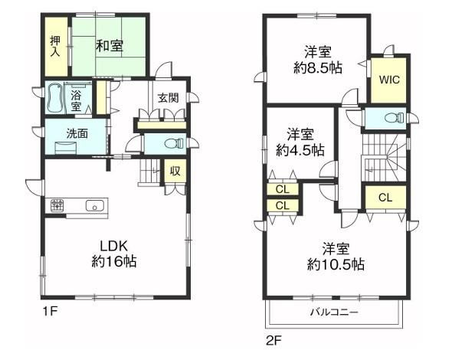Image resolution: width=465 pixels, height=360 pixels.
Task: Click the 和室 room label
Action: tap(110, 46)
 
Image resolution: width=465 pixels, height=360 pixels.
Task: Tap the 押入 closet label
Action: tap(55, 46)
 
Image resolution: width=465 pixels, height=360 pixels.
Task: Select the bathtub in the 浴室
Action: tap(55, 99)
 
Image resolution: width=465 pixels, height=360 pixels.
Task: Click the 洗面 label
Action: tap(77, 134)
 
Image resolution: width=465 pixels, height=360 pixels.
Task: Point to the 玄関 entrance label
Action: tap(168, 97)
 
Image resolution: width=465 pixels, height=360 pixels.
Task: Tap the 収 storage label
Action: tap(175, 171)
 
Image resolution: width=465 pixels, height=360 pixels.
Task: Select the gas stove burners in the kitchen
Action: tap(57, 205)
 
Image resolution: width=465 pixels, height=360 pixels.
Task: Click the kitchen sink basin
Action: tap(95, 206)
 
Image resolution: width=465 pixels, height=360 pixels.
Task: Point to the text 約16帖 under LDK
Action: tap(114, 261)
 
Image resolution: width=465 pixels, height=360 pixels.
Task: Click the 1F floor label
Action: tap(50, 312)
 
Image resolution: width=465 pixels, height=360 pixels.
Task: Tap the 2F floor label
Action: tap(273, 341)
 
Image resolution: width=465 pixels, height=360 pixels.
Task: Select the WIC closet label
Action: tap(389, 80)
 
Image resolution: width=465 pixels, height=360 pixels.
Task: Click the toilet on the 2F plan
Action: tap(394, 118)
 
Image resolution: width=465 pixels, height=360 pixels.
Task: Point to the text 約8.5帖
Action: tap(318, 68)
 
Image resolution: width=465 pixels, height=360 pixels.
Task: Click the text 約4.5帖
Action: tap(300, 150)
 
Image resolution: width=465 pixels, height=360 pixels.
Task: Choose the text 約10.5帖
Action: tap(336, 264)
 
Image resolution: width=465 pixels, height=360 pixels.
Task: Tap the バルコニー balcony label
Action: tap(334, 312)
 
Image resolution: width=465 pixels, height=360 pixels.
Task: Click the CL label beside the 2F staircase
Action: tap(385, 198)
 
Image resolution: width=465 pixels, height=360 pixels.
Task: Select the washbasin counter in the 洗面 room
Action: tap(66, 148)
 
